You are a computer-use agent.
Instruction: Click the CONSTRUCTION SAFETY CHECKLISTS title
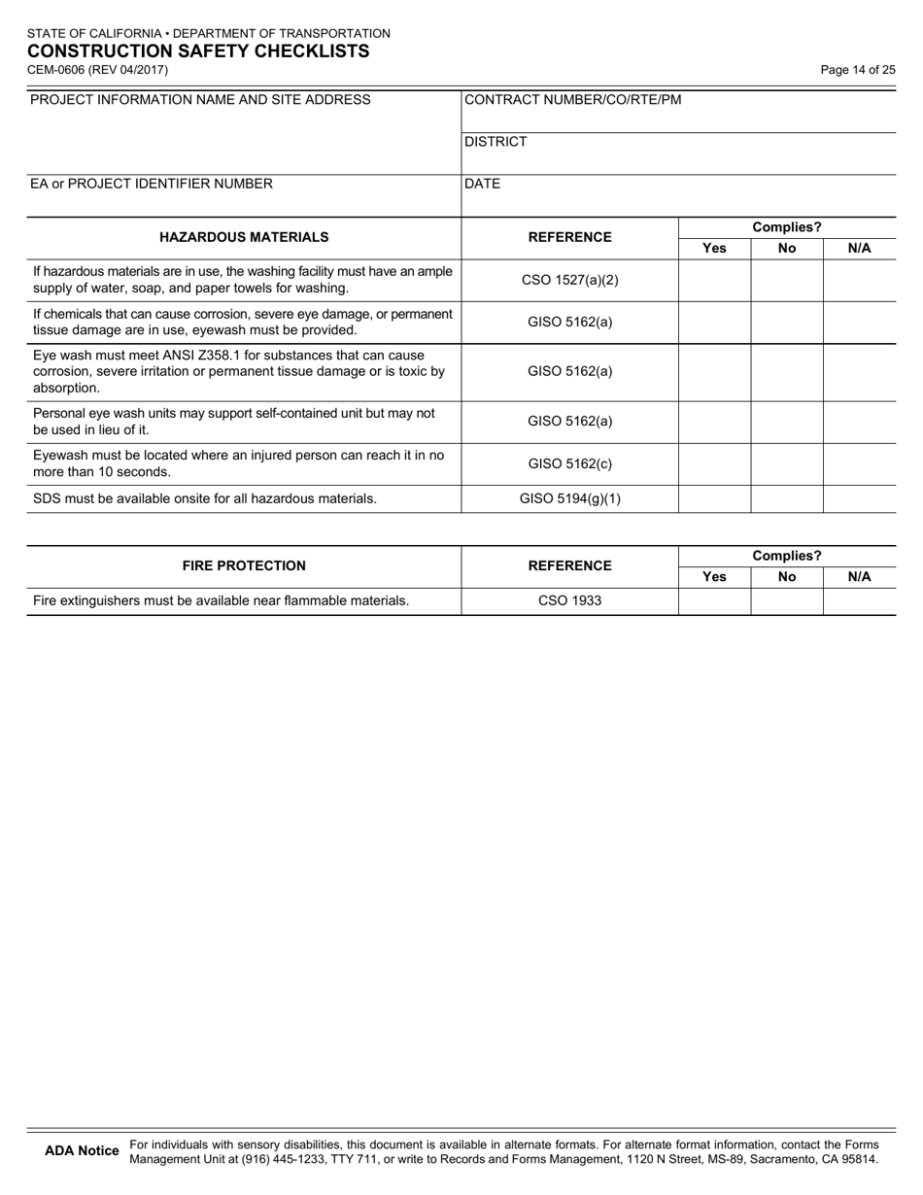click(198, 51)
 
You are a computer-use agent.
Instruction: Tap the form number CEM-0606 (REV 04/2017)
click(97, 70)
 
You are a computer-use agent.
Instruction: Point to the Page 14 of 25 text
click(858, 70)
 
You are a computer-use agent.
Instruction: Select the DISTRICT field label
click(496, 142)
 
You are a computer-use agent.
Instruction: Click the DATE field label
click(483, 184)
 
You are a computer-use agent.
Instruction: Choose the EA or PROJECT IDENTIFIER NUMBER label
click(152, 184)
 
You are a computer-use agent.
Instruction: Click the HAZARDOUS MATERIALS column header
click(244, 237)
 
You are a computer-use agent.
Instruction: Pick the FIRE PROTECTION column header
click(244, 566)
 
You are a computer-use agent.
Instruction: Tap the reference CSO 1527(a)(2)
click(570, 281)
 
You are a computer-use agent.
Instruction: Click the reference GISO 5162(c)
click(570, 464)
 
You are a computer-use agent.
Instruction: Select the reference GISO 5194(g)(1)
click(570, 499)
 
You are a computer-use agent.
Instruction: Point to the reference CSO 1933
click(570, 601)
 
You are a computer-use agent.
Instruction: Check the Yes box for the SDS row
click(714, 499)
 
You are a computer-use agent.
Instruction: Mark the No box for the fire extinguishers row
click(787, 601)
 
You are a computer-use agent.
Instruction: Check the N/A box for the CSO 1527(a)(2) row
click(860, 281)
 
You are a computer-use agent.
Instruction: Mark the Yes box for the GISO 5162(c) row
click(714, 464)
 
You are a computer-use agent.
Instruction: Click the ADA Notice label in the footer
click(83, 1151)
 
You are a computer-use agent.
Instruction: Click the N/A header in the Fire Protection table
click(860, 577)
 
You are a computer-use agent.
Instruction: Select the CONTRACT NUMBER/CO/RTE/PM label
click(573, 100)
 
